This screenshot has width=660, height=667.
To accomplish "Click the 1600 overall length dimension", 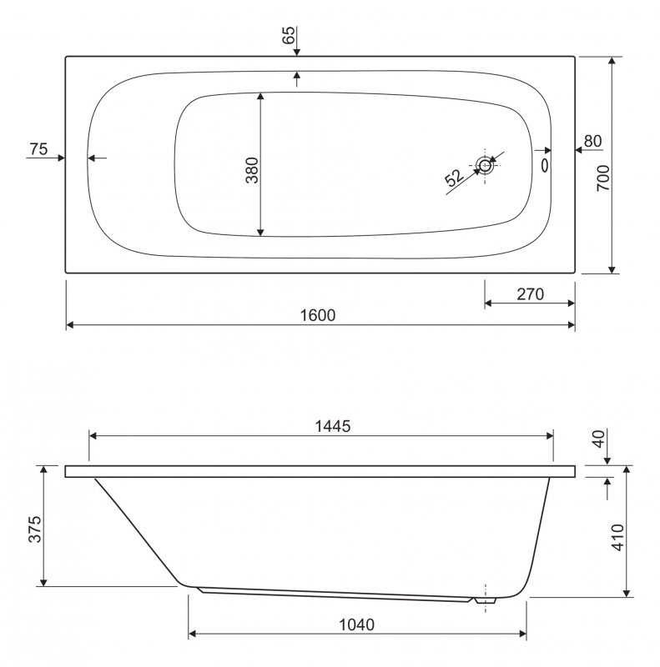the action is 318,315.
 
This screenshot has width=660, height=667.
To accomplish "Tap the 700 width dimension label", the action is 603,178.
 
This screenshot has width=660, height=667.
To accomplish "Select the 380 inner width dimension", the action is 252,170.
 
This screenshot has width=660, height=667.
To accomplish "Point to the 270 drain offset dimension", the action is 530,294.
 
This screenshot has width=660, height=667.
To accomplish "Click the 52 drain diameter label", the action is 454,178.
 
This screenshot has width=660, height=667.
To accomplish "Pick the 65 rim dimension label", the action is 288,35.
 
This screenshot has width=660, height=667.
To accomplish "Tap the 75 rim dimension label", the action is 38,149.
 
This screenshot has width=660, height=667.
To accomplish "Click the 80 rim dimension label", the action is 592,141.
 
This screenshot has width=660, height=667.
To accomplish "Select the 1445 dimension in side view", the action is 333,426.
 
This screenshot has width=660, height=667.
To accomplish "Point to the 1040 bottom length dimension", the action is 357,624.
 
